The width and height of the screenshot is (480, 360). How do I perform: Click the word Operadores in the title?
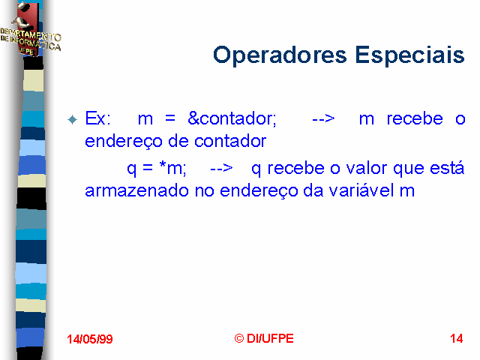(280, 55)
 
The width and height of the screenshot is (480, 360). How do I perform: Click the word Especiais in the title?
(410, 55)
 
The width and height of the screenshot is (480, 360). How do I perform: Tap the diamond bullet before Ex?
(73, 119)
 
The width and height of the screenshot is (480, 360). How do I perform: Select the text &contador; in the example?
(232, 118)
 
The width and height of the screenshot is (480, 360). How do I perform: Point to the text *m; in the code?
(172, 168)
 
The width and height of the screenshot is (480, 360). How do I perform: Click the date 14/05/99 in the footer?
(90, 339)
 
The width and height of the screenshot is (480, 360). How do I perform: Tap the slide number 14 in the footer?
(457, 338)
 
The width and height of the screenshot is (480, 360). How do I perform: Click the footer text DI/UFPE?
(270, 338)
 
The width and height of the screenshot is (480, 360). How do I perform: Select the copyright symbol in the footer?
(239, 338)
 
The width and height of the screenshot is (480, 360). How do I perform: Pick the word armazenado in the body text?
(136, 190)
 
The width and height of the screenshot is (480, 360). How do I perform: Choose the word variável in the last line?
(361, 190)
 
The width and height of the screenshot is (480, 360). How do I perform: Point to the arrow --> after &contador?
(323, 118)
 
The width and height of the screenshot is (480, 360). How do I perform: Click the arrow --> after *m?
(222, 168)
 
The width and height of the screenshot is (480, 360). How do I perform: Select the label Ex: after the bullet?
(98, 118)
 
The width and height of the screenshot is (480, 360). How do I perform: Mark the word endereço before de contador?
(124, 142)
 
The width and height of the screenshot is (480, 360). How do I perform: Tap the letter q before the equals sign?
(132, 169)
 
